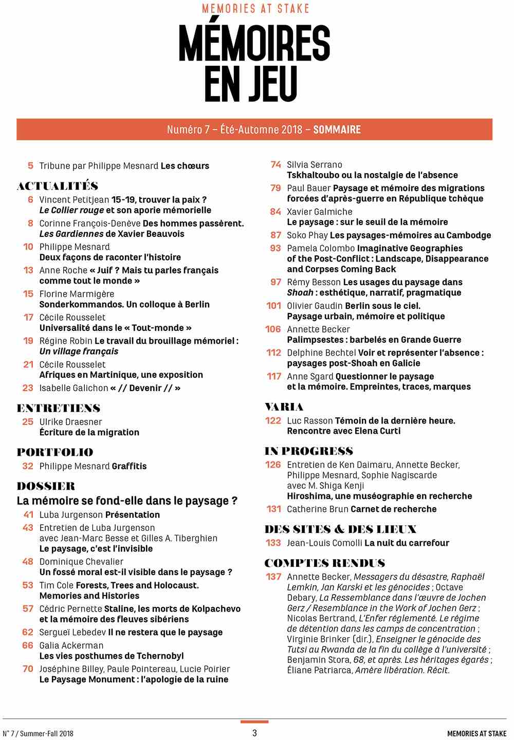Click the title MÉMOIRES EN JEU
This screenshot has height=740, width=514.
pos(254,63)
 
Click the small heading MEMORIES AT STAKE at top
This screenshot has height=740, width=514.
pos(255,9)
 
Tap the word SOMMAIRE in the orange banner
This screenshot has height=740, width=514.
pos(337,129)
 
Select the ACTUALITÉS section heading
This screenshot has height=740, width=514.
pos(58,186)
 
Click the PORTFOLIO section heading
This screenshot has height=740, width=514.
pos(55,452)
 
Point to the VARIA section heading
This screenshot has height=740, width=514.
pos(284,407)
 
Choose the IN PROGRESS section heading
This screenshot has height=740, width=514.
pos(308,451)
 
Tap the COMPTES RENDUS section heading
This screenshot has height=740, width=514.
pos(324,563)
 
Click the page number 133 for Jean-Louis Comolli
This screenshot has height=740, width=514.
pos(273,543)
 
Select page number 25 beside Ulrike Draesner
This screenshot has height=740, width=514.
pos(28,422)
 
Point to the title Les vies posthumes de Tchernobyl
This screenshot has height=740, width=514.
pos(112,656)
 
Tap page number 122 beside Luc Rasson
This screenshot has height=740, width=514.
pos(273,420)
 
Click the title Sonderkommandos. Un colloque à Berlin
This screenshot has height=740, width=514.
pos(124,304)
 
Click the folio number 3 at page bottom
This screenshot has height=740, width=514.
pos(254,733)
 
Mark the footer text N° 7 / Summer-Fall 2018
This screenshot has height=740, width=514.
pos(38,734)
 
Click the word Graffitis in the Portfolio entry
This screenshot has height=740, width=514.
pos(129,466)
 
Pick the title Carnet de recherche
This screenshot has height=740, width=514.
pos(393,509)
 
